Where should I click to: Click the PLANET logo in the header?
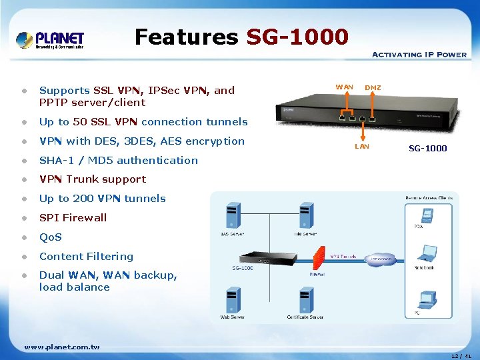point(50,39)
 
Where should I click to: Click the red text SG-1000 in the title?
point(297,37)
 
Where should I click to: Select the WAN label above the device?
point(345,87)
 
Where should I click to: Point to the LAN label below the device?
point(362,146)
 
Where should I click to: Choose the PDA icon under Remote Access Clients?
point(427,215)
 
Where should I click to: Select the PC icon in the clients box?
point(427,298)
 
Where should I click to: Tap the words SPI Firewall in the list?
point(73,217)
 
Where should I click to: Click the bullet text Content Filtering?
point(86,256)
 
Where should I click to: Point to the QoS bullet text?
point(50,237)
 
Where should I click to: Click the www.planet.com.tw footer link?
point(61,347)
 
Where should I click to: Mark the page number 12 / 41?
point(461,356)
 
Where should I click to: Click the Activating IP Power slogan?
point(419,55)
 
